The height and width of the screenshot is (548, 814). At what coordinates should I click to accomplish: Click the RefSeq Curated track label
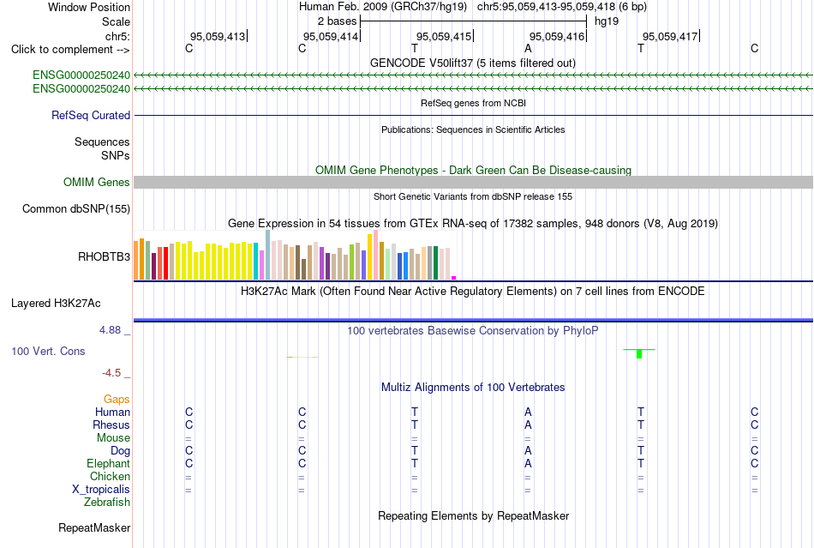click(91, 115)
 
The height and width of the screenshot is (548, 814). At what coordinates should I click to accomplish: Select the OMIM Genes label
click(97, 183)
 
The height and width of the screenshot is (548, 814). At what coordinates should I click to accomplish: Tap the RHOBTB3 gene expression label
click(104, 257)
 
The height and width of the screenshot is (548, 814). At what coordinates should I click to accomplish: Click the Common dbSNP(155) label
click(76, 208)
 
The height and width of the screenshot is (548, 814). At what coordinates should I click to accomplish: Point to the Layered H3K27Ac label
click(56, 304)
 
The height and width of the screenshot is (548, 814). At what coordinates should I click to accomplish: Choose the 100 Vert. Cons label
click(48, 351)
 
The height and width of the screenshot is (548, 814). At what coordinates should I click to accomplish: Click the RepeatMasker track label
click(94, 527)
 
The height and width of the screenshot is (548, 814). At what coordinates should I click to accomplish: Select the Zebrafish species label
click(107, 503)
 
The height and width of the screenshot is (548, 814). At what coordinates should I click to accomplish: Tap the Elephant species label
click(109, 463)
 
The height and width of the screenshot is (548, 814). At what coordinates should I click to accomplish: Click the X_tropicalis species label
click(101, 490)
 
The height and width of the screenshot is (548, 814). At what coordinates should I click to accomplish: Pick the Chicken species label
click(110, 476)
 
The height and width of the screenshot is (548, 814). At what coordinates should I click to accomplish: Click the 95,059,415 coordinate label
click(444, 36)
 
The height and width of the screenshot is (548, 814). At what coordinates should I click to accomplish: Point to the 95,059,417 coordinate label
click(670, 36)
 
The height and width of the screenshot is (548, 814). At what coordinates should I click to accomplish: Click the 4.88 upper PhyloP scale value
click(110, 330)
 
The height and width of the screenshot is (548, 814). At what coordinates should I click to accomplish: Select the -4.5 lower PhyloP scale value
click(111, 373)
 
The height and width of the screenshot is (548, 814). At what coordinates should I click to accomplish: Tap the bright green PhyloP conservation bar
click(639, 353)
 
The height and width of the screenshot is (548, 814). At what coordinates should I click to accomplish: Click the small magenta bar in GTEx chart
click(454, 278)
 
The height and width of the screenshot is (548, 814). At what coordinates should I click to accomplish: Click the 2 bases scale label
click(338, 21)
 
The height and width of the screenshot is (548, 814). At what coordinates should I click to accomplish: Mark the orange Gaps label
click(117, 399)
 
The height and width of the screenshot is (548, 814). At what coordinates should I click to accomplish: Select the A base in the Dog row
click(528, 450)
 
